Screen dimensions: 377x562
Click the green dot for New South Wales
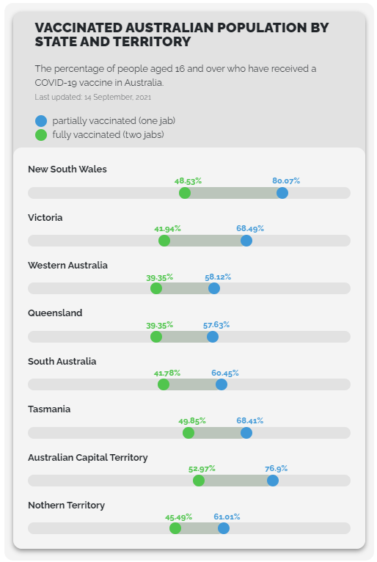(x=185, y=193)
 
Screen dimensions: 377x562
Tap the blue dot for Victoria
(x=246, y=241)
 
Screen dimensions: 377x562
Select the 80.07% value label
(x=286, y=180)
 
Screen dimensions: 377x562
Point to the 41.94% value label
(x=167, y=229)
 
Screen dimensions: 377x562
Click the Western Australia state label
(x=67, y=266)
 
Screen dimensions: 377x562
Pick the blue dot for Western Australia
(x=214, y=288)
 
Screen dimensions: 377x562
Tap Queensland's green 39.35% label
(x=159, y=326)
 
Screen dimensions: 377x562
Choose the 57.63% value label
(x=216, y=325)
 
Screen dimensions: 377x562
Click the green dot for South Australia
(x=164, y=384)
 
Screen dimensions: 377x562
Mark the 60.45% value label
(x=225, y=373)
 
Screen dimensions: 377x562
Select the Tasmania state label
(x=49, y=409)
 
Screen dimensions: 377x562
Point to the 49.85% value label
(x=192, y=421)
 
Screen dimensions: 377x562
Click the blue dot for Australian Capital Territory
(x=273, y=481)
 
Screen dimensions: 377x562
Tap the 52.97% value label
(x=202, y=469)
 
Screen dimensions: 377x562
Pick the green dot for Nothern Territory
(x=175, y=528)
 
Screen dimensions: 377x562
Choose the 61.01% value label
(x=227, y=517)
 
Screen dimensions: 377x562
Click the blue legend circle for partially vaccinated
(x=41, y=121)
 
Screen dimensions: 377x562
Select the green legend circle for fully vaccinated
(x=41, y=135)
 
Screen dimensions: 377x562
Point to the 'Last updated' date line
(x=93, y=97)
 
